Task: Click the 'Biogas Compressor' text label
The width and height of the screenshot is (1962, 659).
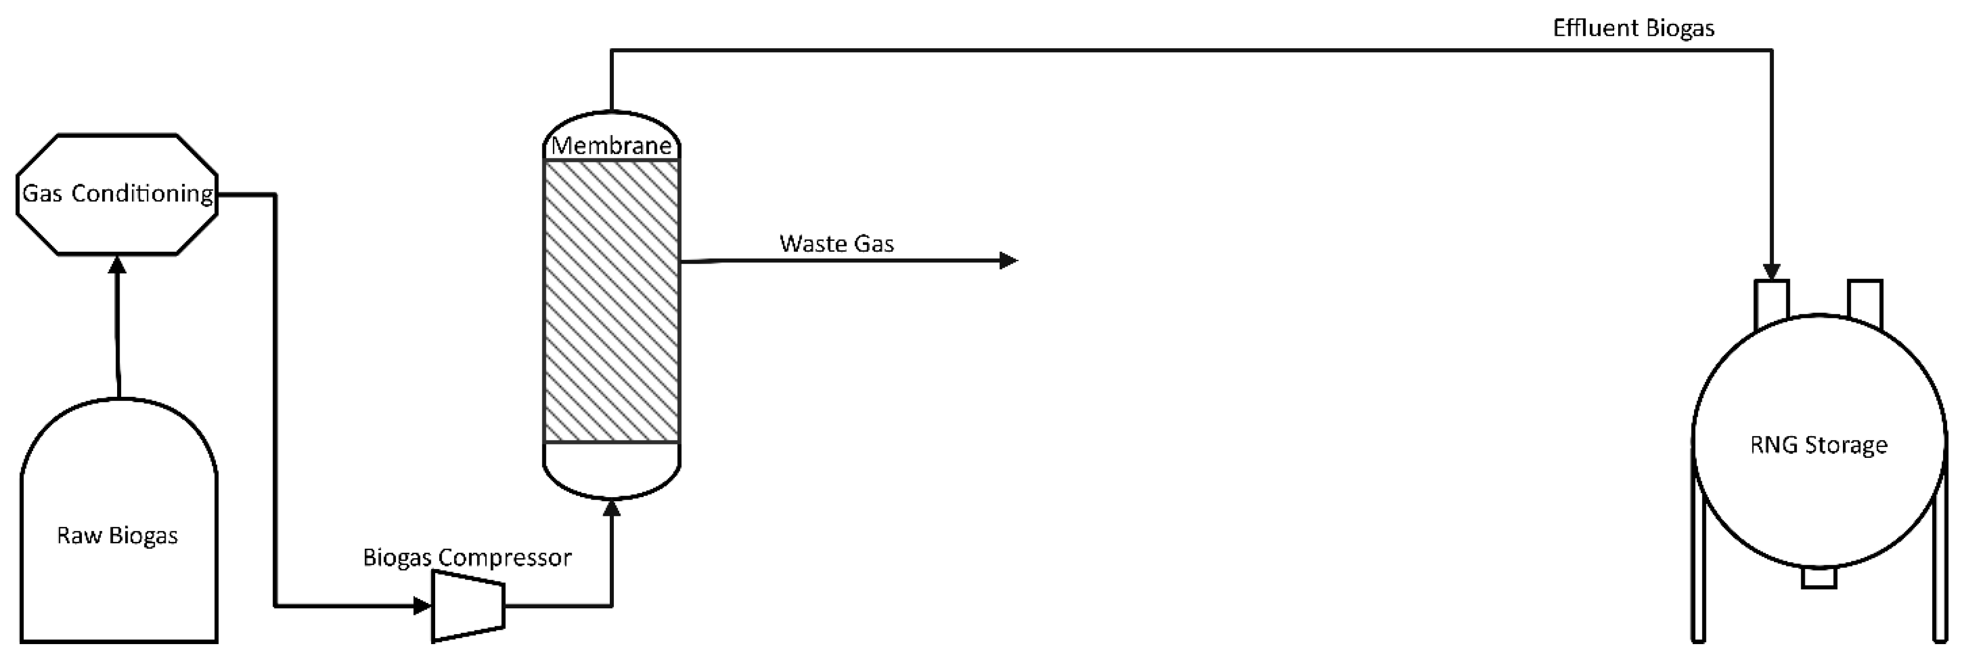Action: pyautogui.click(x=466, y=558)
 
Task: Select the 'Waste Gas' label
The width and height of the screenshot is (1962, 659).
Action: pyautogui.click(x=836, y=244)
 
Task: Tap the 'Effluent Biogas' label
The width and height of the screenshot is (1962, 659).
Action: pyautogui.click(x=1634, y=28)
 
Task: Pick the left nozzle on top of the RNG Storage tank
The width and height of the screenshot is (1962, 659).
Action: pyautogui.click(x=1771, y=303)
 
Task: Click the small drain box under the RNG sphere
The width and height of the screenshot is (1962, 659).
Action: pyautogui.click(x=1819, y=578)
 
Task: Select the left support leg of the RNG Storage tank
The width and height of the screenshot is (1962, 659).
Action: pyautogui.click(x=1698, y=586)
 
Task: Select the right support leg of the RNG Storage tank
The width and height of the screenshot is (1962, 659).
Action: pyautogui.click(x=1940, y=586)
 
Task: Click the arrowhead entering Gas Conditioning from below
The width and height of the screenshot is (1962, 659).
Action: pyautogui.click(x=117, y=264)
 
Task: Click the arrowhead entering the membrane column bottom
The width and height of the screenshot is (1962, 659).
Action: pyautogui.click(x=612, y=508)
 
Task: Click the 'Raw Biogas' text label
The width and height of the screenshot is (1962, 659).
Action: pyautogui.click(x=117, y=535)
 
